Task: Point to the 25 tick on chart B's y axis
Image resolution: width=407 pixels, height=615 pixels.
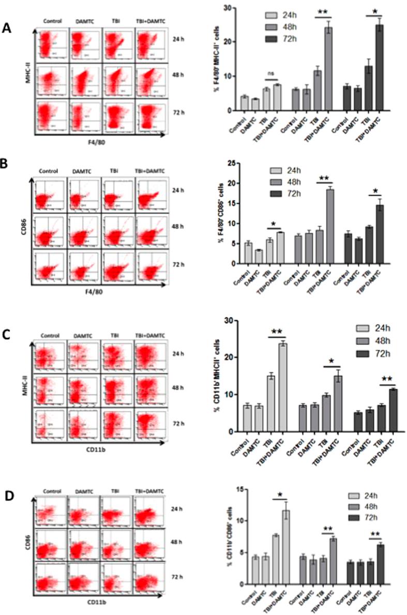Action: coord(234,163)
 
